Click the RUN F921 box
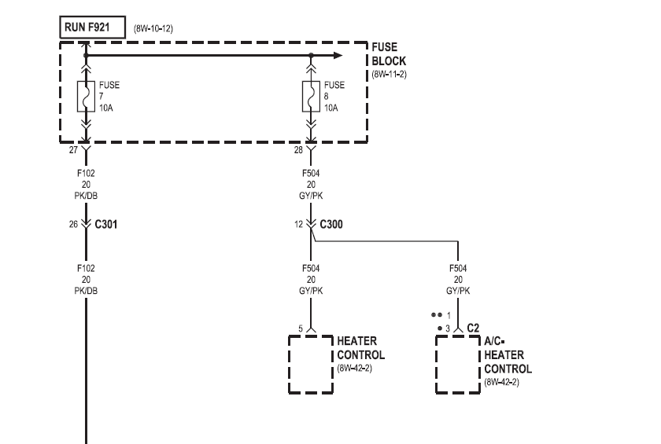click(x=88, y=27)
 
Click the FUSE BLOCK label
click(x=388, y=55)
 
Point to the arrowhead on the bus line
click(x=337, y=56)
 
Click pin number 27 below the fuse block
click(x=73, y=149)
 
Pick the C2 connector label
click(x=473, y=327)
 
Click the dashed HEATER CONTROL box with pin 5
click(x=311, y=364)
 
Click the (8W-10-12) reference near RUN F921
click(x=153, y=28)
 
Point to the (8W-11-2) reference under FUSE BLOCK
click(x=390, y=75)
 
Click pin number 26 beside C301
click(x=73, y=224)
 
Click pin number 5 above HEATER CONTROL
click(x=301, y=328)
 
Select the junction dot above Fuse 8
click(x=312, y=56)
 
